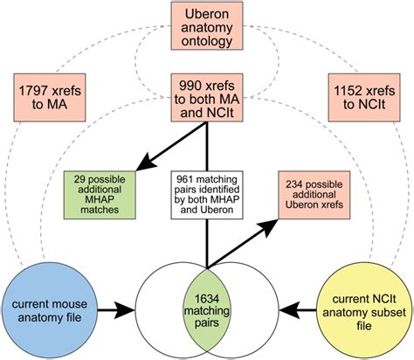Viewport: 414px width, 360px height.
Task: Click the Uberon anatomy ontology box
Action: pos(206,30)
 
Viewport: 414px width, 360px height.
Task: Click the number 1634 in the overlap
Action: pos(207,293)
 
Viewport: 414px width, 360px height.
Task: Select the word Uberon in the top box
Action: pos(207,15)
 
